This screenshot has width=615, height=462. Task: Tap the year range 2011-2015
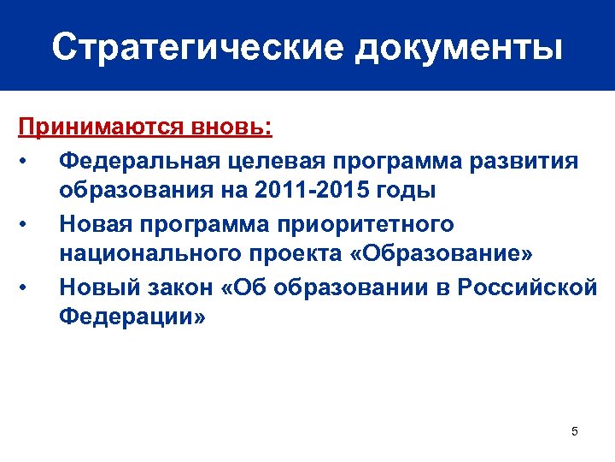325,190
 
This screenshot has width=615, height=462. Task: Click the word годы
405,190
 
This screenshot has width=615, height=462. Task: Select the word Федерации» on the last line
132,317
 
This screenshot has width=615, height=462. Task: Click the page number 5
574,431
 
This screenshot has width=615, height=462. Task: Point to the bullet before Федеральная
28,160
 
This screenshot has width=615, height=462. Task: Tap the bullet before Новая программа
28,223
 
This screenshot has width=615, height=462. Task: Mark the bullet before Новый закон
28,287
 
